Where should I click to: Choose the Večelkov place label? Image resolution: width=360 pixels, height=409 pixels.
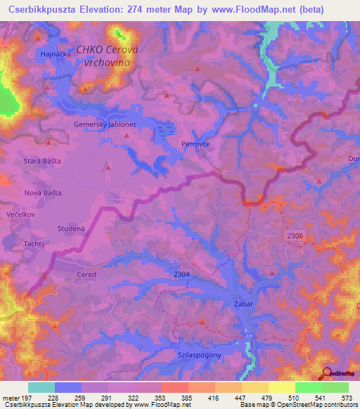click(20, 212)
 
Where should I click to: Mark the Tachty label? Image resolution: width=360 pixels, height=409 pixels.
click(34, 244)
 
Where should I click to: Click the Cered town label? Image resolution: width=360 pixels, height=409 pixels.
click(86, 275)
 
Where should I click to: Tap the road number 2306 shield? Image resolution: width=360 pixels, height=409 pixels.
click(295, 236)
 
